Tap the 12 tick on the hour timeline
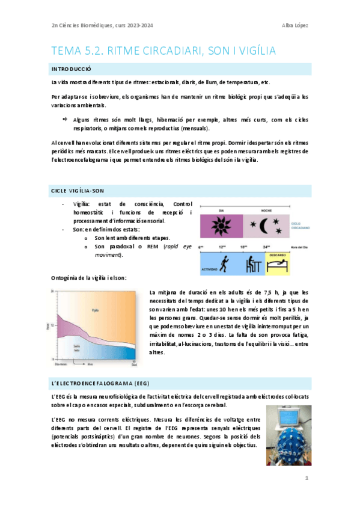[x=221, y=247]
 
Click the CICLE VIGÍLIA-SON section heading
[x=78, y=191]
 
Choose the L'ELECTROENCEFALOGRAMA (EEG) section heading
[x=99, y=382]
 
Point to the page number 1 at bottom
[x=306, y=478]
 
